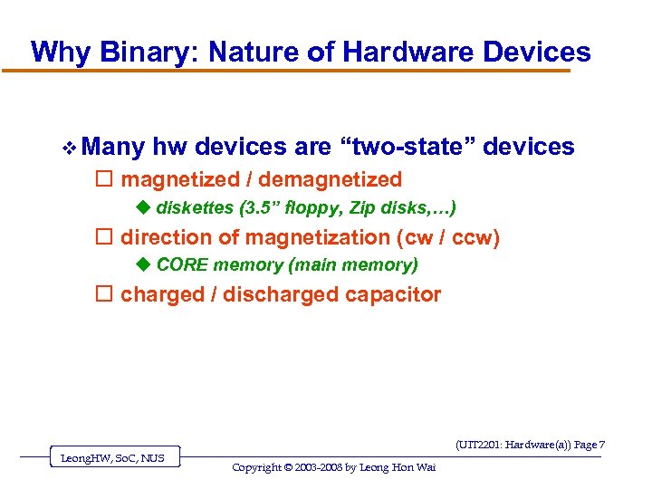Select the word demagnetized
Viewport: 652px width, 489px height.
pos(330,179)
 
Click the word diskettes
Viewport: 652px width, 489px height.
pos(195,208)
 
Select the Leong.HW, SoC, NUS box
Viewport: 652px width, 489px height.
pos(112,458)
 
